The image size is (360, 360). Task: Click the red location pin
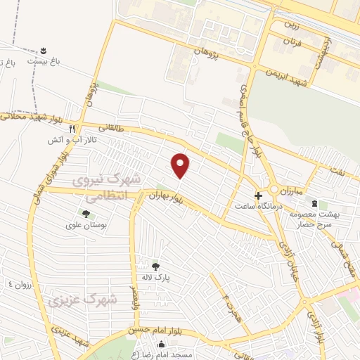[x=181, y=165]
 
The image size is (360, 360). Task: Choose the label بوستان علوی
[x=85, y=225]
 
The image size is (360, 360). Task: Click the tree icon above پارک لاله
[x=155, y=266]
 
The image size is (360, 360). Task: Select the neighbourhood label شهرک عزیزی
[x=82, y=300]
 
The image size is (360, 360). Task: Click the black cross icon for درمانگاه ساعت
[x=258, y=195]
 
